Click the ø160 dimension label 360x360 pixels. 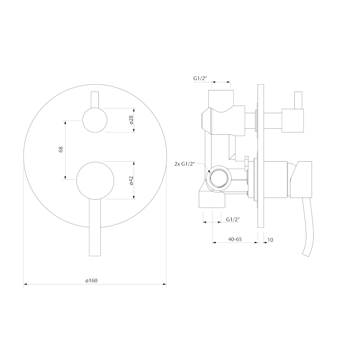click(91, 280)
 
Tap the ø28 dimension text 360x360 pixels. click(131, 120)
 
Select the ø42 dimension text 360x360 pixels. click(131, 180)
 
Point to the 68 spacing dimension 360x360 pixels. click(61, 150)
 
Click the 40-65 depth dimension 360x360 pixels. click(235, 239)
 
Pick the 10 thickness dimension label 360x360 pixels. click(270, 240)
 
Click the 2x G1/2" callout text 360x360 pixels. click(184, 164)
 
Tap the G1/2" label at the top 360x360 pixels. click(200, 78)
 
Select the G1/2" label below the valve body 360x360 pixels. click(233, 219)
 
